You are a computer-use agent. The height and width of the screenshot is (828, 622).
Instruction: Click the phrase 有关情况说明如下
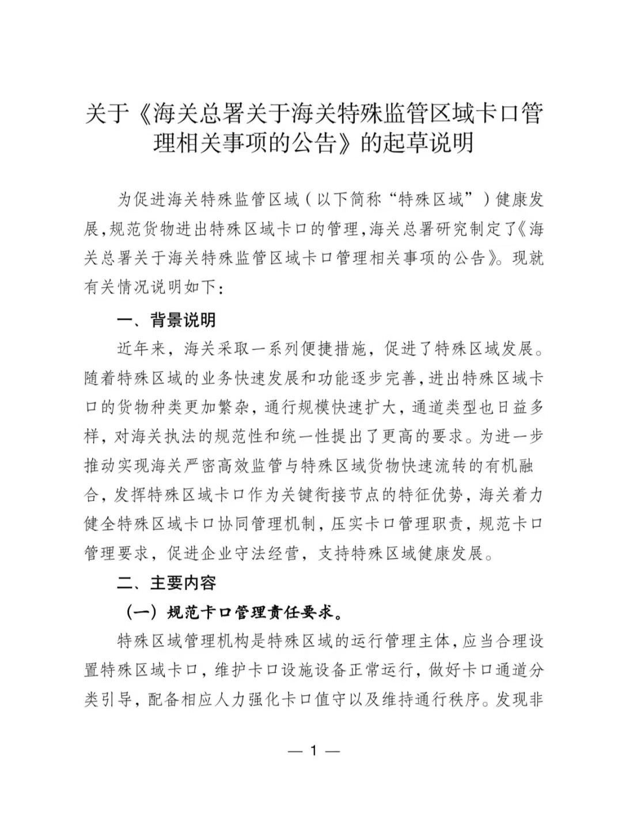pos(151,287)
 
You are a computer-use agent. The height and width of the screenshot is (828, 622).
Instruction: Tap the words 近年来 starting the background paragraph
pos(142,349)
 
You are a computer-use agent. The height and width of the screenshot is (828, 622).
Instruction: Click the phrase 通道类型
pos(443,407)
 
